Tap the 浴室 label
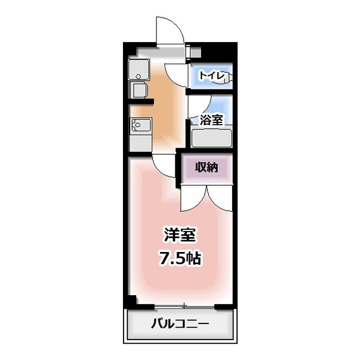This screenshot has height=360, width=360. pos(212,119)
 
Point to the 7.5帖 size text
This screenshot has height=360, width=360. pos(179,259)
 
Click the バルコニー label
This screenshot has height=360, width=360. pos(179,326)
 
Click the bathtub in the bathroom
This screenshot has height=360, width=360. pos(211,138)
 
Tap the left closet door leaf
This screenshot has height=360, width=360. pos(193,198)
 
